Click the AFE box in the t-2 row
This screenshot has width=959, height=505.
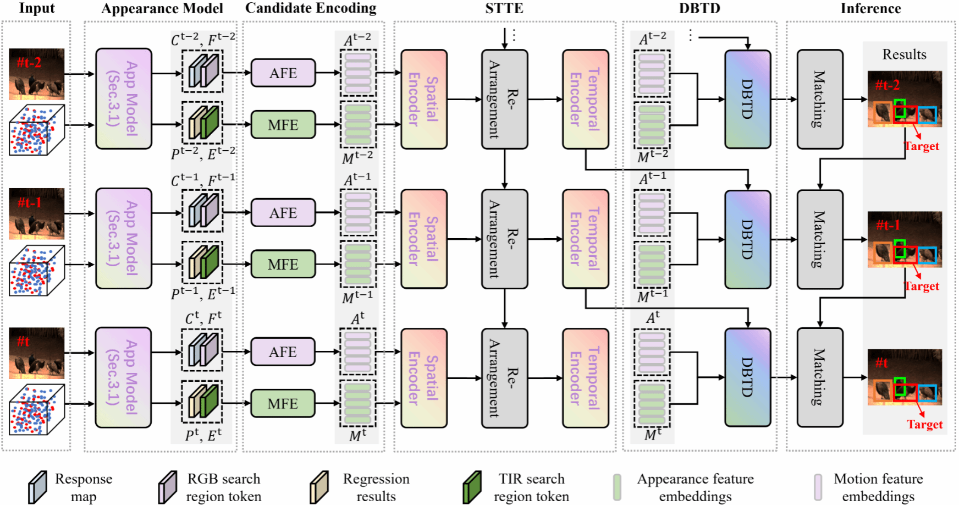coord(283,73)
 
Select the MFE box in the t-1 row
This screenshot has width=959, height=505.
coord(283,264)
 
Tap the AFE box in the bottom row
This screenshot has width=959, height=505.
coord(283,352)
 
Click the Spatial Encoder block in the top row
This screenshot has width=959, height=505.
coord(423,100)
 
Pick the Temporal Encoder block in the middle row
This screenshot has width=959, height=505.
coord(585,239)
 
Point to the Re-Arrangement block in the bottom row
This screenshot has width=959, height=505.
coord(504,378)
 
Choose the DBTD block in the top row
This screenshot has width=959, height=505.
coord(747,100)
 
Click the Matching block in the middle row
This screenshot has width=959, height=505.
coord(819,239)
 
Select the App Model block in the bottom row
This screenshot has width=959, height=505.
coord(123,377)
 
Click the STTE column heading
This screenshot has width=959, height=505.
coord(504,8)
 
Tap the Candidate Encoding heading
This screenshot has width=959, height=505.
coord(311,8)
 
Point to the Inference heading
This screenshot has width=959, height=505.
coord(870,8)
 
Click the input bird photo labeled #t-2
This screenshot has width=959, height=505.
coord(37,74)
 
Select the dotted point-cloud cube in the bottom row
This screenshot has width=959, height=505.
coord(37,410)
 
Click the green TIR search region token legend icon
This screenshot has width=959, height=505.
coord(472,487)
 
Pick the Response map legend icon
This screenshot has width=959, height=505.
coord(37,487)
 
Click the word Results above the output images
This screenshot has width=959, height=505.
coord(904,54)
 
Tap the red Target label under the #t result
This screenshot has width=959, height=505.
coord(924,424)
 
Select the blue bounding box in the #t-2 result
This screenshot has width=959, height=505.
coord(927,115)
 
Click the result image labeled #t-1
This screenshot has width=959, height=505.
coord(905,239)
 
